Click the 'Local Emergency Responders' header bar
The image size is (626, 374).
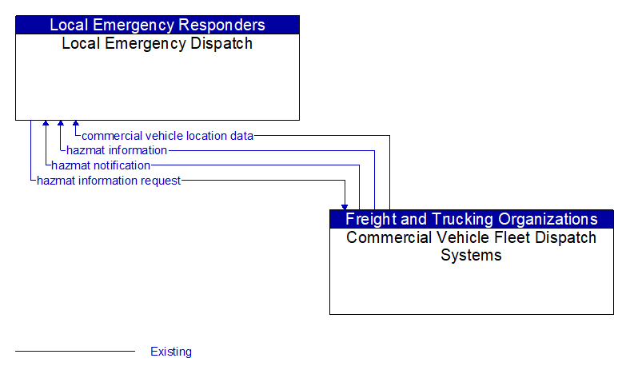pos(157,25)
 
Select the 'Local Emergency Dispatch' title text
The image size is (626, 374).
pos(157,44)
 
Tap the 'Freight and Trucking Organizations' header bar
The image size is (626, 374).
pos(471,219)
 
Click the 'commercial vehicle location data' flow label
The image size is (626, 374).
pos(168,136)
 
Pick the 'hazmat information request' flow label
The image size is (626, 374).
pos(109,181)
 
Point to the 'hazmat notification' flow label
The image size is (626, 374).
pos(101,165)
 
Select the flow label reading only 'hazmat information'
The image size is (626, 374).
pos(117,150)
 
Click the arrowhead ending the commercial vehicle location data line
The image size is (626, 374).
pos(76,125)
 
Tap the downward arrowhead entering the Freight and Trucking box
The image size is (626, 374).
pos(345,205)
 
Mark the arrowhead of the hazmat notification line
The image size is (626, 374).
pos(46,125)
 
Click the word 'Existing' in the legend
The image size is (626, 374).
pos(171,352)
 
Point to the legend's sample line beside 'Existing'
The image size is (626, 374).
pos(75,352)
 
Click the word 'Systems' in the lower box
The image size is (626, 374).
pos(471,256)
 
